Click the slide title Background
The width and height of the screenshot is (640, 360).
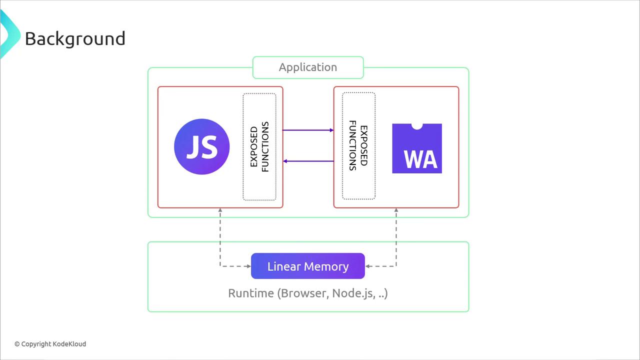tap(75, 39)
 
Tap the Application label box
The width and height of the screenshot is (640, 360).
tap(308, 67)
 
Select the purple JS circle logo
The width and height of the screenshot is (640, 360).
tap(202, 146)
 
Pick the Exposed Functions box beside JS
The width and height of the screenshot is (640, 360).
tap(259, 147)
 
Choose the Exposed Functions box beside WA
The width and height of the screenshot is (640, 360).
tap(358, 146)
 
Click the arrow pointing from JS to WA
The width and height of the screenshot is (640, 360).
tap(308, 130)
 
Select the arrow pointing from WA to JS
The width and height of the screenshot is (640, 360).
tap(308, 161)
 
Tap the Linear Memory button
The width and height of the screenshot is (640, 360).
tap(308, 266)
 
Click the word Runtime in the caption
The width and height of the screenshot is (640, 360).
tap(250, 293)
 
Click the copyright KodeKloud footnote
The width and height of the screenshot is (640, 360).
tap(50, 344)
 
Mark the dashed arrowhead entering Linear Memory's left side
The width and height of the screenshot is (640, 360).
tap(248, 266)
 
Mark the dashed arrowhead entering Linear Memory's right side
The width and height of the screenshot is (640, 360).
tap(368, 266)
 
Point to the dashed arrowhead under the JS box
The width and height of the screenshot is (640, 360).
tap(220, 211)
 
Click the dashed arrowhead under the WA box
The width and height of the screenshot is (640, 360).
tap(396, 211)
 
